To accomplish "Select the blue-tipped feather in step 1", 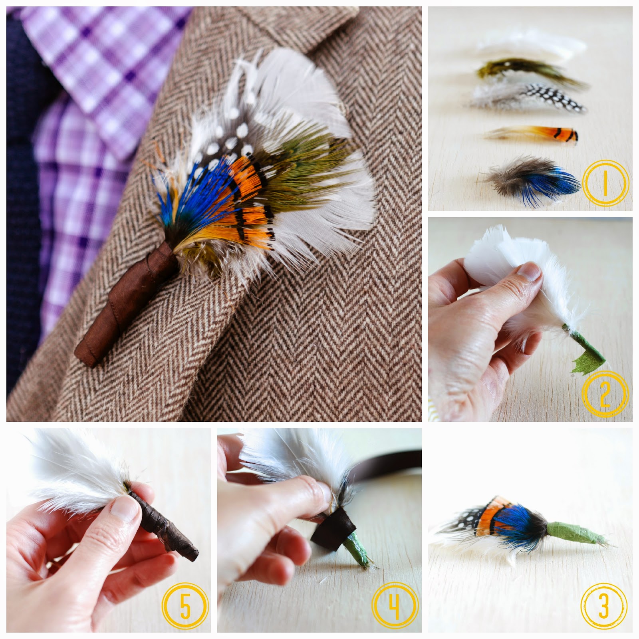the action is [531, 178].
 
